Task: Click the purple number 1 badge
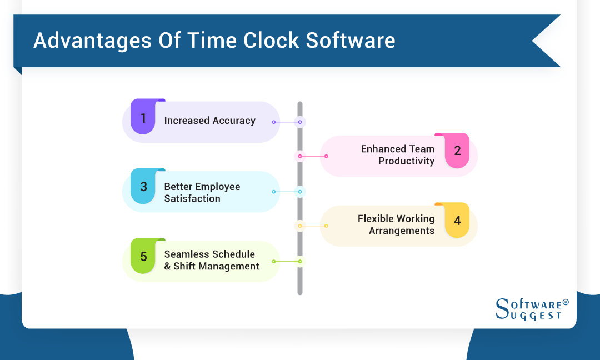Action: coord(143,118)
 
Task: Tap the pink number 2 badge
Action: coord(457,151)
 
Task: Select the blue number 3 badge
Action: coord(143,187)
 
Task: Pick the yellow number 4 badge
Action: coord(457,221)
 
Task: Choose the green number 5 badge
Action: coord(143,256)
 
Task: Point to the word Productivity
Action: coord(406,161)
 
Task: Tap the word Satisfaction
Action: coord(192,198)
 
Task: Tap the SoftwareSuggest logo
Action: coord(531,309)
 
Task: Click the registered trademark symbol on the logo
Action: coord(566,302)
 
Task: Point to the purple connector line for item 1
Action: coord(287,122)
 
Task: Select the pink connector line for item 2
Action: coord(313,156)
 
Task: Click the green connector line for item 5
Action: coord(287,261)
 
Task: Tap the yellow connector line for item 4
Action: coord(313,226)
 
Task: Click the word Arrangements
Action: coord(402,231)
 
